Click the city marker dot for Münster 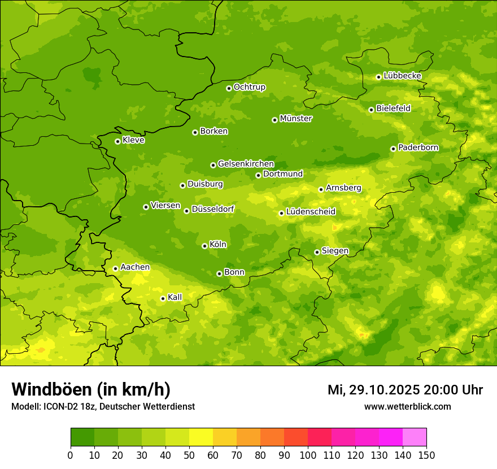coord(275,120)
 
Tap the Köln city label coord(218,245)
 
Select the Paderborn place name coord(418,147)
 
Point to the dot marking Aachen coord(116,268)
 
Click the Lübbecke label coord(403,76)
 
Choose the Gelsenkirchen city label coord(246,164)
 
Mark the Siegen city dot coord(317,252)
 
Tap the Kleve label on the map coord(134,140)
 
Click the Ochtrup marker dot coord(229,88)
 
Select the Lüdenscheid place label coord(311,212)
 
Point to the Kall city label coord(175,297)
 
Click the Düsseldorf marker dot coord(187,211)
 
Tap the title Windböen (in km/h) coord(91,389)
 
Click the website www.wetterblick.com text coord(408,406)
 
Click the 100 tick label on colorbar coord(308,455)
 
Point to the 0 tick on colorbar coord(71,455)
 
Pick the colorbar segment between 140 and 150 coord(415,437)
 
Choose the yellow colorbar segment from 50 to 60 coord(201,437)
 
